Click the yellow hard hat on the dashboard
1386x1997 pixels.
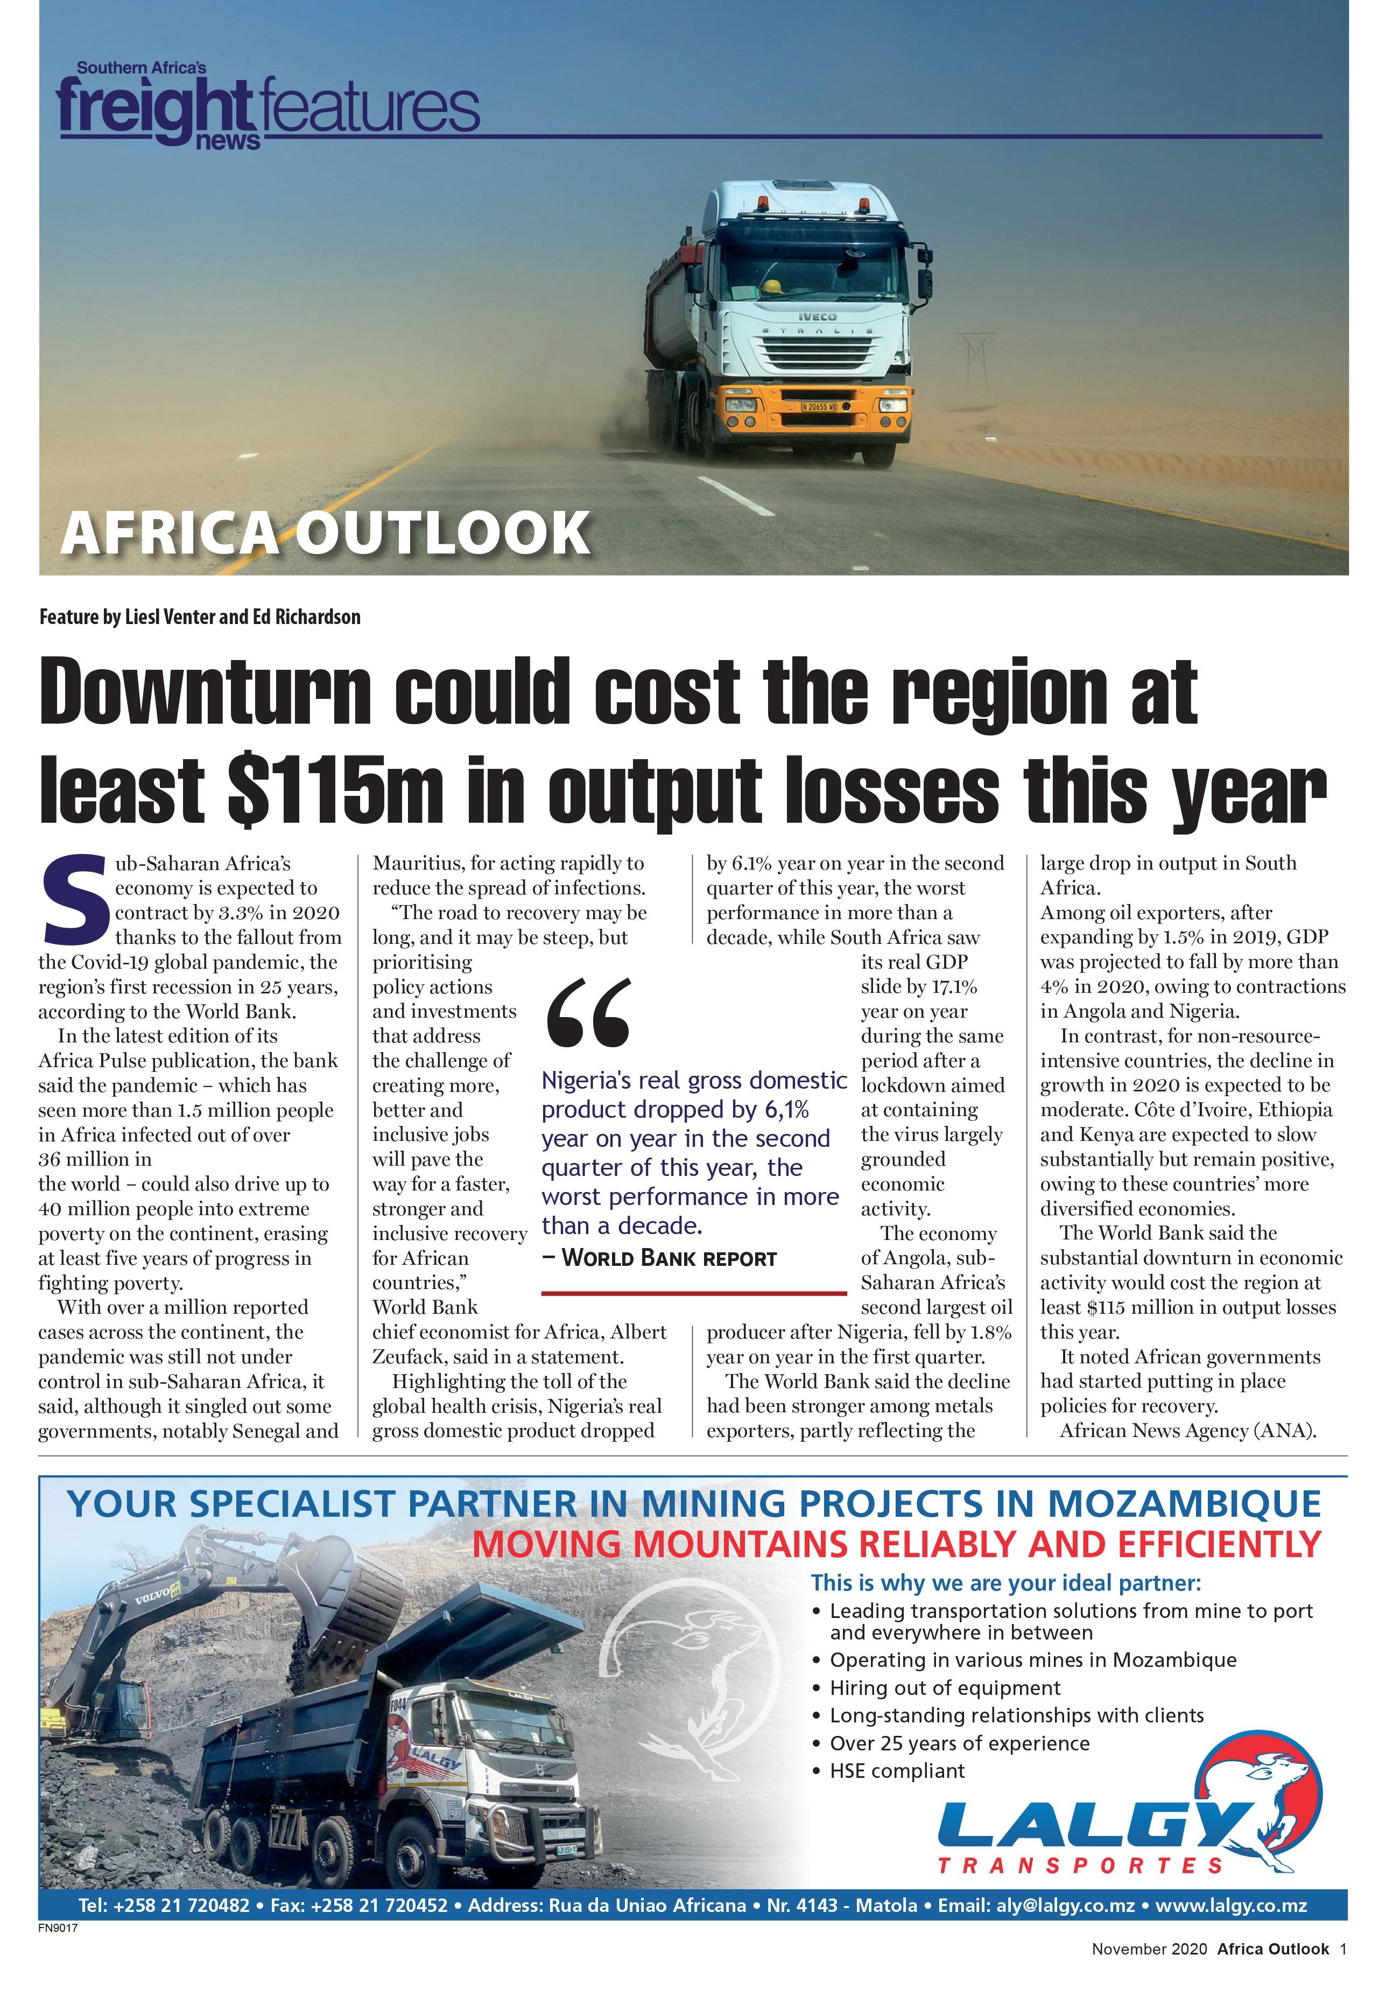[x=769, y=286]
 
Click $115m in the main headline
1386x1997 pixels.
[x=335, y=789]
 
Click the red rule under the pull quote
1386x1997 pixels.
[x=693, y=1293]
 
